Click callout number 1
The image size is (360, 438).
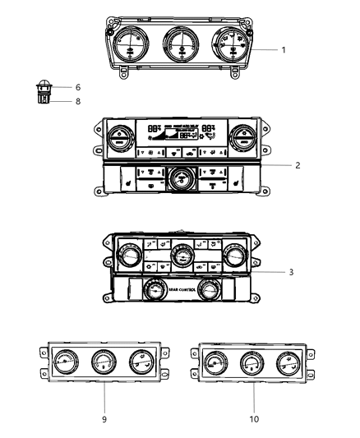pos(284,50)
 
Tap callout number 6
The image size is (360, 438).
pos(78,86)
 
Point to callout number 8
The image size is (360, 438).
pos(78,101)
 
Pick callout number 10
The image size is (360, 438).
pos(254,418)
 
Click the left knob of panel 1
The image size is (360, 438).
pos(131,45)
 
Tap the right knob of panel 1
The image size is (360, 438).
pos(228,44)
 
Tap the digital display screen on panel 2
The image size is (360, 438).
pos(180,134)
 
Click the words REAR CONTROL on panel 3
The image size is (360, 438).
pos(181,290)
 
